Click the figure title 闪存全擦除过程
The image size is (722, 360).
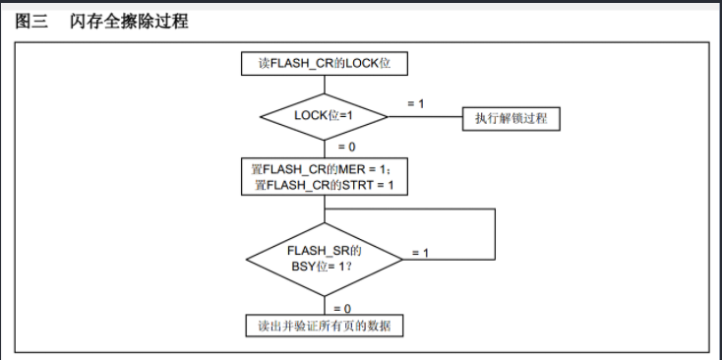point(128,22)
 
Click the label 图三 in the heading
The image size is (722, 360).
point(31,22)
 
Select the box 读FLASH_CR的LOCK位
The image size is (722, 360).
point(324,64)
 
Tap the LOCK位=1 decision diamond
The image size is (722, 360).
point(324,116)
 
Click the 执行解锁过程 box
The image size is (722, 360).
point(511,118)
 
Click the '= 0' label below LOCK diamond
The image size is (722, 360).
point(346,147)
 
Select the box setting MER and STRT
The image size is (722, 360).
point(324,176)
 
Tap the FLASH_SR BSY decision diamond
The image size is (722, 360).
point(324,259)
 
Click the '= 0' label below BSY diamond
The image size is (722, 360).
point(342,308)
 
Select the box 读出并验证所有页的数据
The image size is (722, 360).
point(324,327)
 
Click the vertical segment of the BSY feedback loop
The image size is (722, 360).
point(495,234)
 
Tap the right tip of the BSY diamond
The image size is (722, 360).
point(401,260)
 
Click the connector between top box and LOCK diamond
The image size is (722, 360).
point(324,84)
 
